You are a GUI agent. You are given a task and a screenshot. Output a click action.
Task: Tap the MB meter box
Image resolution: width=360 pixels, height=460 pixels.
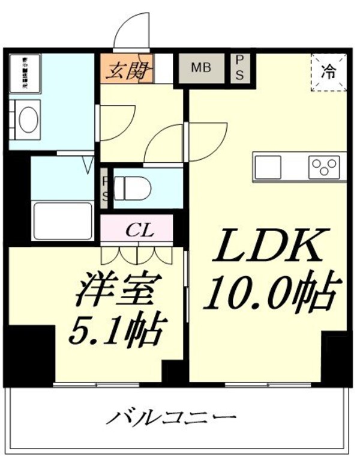201,68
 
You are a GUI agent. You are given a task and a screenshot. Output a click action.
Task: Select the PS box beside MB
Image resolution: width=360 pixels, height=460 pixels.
239,68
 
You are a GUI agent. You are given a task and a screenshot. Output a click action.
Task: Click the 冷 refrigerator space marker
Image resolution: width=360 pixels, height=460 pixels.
329,73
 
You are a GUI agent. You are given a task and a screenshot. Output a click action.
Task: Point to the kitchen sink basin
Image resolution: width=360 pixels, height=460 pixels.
268,167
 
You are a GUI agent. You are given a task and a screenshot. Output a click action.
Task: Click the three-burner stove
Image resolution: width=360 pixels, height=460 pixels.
325,167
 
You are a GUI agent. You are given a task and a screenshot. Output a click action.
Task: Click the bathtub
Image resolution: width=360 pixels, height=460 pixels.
62,222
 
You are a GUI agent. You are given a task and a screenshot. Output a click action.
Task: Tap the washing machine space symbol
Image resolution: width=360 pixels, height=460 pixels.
24,73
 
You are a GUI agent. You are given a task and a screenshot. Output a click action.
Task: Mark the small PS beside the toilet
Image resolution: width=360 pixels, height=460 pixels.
105,187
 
